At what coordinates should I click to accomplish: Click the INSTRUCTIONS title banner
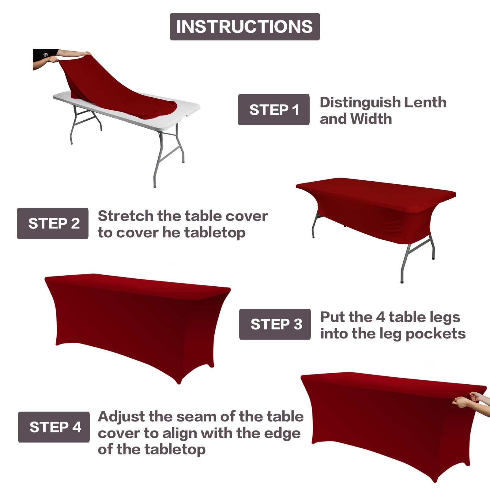click(245, 27)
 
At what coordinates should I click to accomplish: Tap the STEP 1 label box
click(273, 110)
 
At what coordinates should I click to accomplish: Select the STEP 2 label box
click(53, 223)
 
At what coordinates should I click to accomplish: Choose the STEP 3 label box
click(275, 324)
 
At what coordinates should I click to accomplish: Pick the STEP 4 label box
click(54, 427)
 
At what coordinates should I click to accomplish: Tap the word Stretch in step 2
click(126, 216)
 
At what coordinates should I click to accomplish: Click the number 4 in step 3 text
click(380, 317)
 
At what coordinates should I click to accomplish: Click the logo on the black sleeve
click(46, 55)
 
